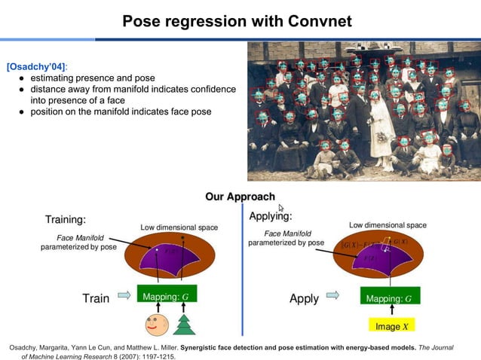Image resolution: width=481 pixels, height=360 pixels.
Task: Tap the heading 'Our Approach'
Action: tap(240, 197)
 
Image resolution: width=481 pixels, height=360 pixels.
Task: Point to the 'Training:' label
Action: tap(66, 220)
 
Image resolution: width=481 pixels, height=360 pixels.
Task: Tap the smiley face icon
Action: tap(156, 324)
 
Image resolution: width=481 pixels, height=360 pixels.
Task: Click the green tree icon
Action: tap(184, 324)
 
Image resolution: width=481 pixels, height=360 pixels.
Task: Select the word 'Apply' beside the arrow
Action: tap(304, 298)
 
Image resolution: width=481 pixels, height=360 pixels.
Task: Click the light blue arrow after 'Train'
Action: tap(124, 297)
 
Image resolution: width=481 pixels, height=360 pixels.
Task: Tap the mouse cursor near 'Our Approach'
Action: tap(281, 209)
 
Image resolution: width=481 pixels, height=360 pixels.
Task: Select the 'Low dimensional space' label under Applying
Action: tap(388, 225)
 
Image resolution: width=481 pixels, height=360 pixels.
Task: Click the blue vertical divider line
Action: tap(242, 271)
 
